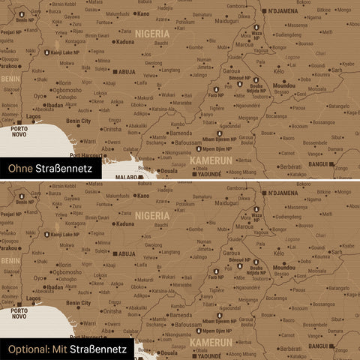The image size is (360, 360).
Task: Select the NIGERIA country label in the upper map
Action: coord(152,34)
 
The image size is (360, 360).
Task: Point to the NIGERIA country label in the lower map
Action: coord(152,215)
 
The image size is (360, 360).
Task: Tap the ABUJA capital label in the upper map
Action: coord(126,72)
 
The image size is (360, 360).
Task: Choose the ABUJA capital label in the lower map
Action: coord(126,253)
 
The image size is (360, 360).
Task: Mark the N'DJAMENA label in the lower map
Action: coord(284,193)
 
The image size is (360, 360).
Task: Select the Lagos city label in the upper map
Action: coord(34,117)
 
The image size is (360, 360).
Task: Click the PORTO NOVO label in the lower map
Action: coord(21,314)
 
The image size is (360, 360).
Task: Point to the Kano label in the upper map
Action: coord(142,13)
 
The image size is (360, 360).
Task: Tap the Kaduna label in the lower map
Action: coord(125,223)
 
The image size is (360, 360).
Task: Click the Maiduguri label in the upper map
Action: coord(226,21)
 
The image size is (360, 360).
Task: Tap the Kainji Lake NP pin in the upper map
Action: coord(46,52)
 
